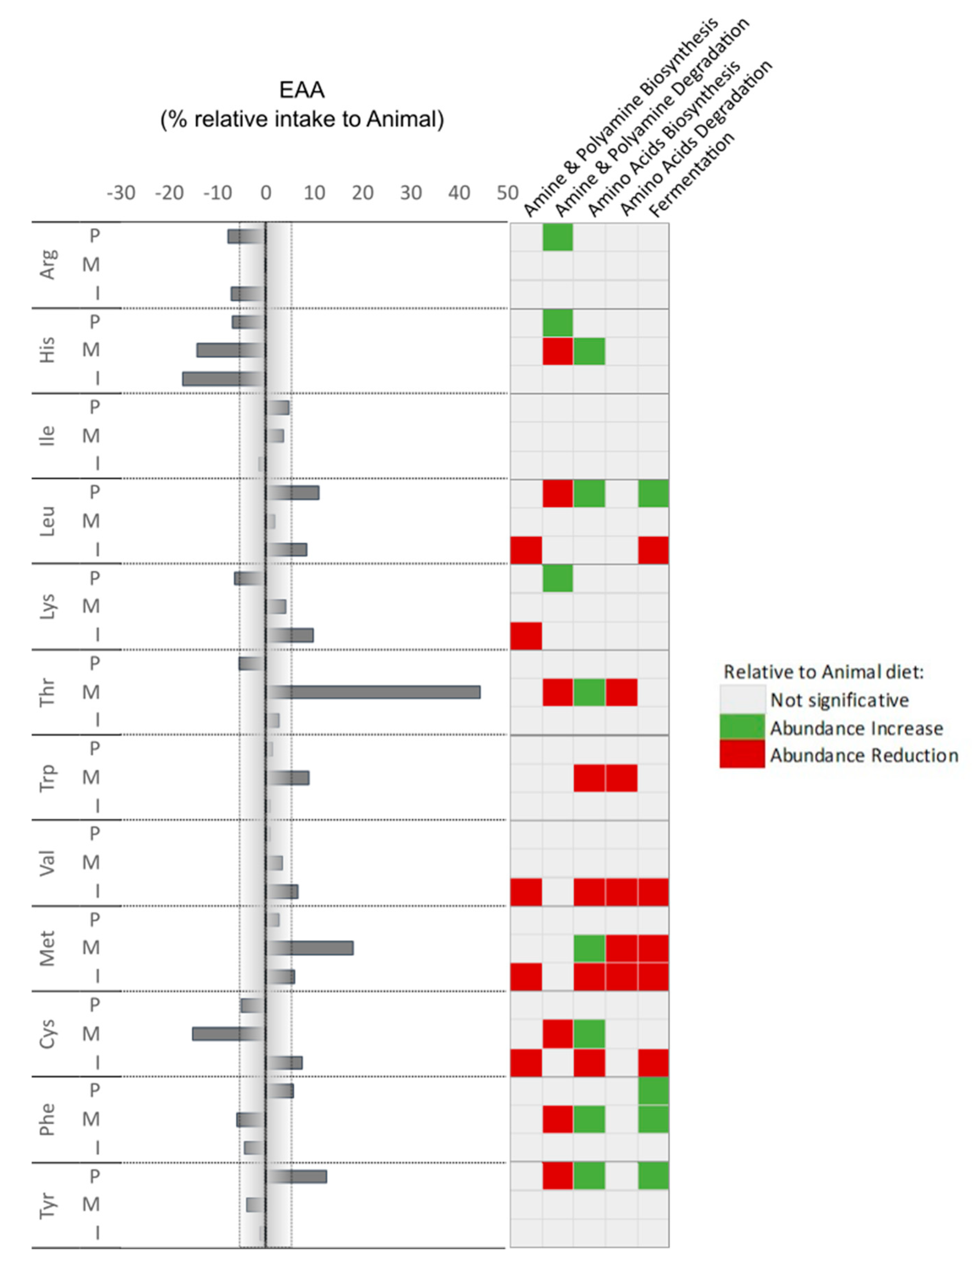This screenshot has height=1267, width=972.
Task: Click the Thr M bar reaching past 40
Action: [373, 692]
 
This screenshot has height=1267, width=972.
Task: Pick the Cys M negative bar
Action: [229, 1034]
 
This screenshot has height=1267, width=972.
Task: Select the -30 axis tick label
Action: [121, 193]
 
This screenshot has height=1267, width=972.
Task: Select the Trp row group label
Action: [47, 777]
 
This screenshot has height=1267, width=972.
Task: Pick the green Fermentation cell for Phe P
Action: [653, 1091]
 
